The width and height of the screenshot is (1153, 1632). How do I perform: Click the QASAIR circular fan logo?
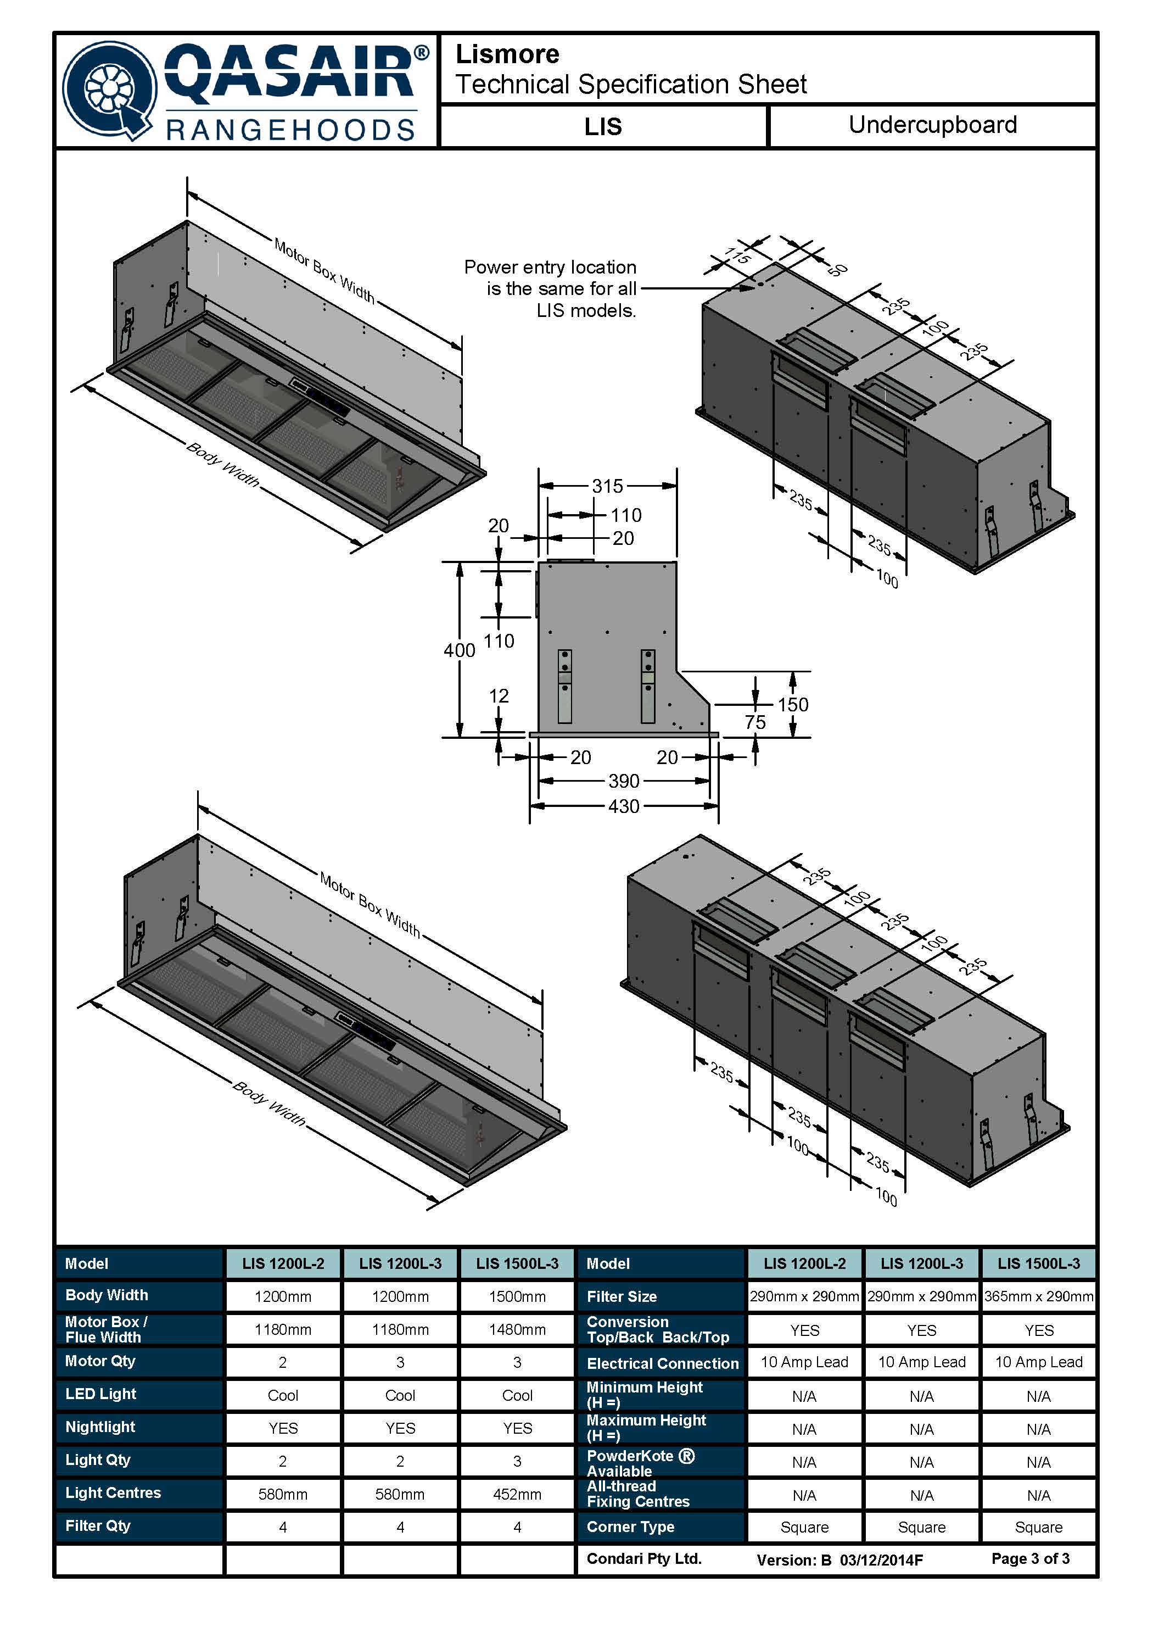pyautogui.click(x=110, y=90)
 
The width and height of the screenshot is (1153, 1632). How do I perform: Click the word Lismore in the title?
pyautogui.click(x=507, y=54)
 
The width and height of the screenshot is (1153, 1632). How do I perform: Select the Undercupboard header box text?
pyautogui.click(x=932, y=125)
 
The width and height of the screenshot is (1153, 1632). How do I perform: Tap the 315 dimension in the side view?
pyautogui.click(x=607, y=486)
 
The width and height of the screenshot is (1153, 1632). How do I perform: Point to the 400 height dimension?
pyautogui.click(x=459, y=650)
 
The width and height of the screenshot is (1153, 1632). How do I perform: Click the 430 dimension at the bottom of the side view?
pyautogui.click(x=624, y=806)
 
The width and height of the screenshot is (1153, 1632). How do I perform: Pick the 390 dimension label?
pyautogui.click(x=624, y=781)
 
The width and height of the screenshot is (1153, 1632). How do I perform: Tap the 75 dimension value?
pyautogui.click(x=755, y=722)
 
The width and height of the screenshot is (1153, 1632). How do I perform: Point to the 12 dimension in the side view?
pyautogui.click(x=499, y=696)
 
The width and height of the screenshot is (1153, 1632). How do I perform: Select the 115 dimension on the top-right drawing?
pyautogui.click(x=737, y=255)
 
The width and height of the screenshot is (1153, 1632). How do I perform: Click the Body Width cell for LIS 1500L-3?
pyautogui.click(x=517, y=1296)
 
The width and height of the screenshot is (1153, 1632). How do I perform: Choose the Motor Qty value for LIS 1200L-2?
pyautogui.click(x=283, y=1363)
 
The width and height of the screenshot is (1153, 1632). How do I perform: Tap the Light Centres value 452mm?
pyautogui.click(x=517, y=1494)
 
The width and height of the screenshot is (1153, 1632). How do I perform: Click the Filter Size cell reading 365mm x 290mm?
pyautogui.click(x=1039, y=1296)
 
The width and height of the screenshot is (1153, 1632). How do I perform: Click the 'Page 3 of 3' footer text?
pyautogui.click(x=1030, y=1559)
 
